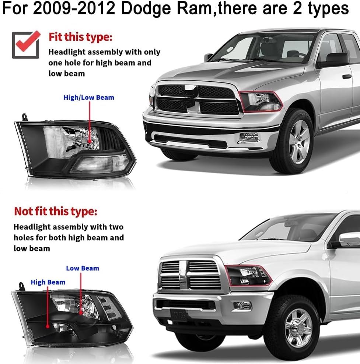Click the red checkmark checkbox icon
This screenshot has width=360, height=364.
point(26,44)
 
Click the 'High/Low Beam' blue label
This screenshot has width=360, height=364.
point(89,98)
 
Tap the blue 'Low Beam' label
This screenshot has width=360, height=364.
point(83,268)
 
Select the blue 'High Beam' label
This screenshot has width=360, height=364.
point(48,282)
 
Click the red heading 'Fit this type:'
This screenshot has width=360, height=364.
point(80,37)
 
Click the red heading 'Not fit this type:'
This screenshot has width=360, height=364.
point(56,211)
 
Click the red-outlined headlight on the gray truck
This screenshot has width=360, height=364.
point(261,101)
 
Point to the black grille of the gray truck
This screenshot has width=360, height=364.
point(197,99)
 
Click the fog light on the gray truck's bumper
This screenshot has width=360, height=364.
point(250,137)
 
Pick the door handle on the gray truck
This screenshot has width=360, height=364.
point(347,77)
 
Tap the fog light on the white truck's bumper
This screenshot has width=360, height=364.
point(241,305)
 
